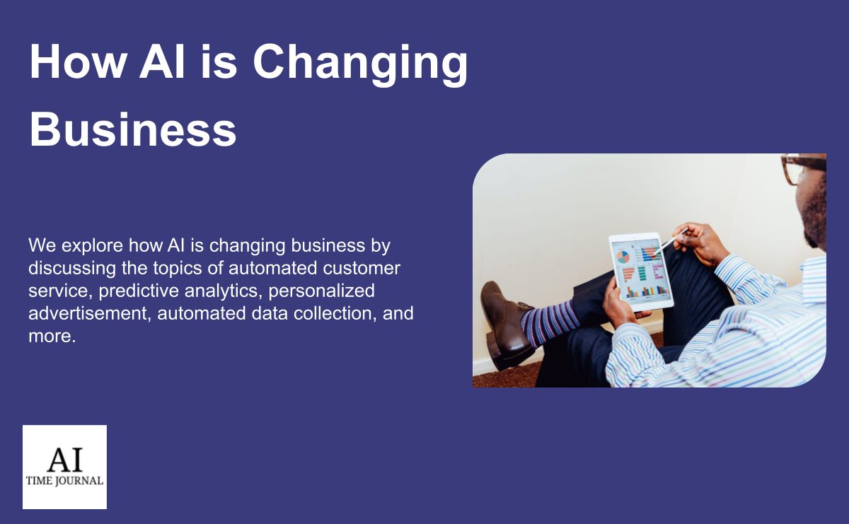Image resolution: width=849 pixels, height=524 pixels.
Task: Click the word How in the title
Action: [x=78, y=62]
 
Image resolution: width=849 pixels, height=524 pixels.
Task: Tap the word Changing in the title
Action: [x=360, y=65]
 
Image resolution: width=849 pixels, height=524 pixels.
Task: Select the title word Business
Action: [x=133, y=129]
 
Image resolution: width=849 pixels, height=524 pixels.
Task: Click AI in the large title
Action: [x=162, y=62]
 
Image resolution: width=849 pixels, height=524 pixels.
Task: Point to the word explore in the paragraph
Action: [x=92, y=246]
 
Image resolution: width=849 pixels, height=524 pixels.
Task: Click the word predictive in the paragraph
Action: [x=139, y=291]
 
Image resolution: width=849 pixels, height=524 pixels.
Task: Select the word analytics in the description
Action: [x=224, y=291]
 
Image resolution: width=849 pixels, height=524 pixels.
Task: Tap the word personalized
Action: [x=321, y=291]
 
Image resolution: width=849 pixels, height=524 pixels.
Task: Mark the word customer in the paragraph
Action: [x=362, y=268]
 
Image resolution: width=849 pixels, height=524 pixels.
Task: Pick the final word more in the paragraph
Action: [x=52, y=337]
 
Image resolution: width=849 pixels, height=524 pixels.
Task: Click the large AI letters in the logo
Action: [x=65, y=459]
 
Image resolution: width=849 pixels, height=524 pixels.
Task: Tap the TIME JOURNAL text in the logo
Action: [x=64, y=481]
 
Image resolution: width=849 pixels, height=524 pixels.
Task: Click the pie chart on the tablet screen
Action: [x=623, y=257]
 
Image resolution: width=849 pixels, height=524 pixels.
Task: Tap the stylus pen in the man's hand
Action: [x=672, y=240]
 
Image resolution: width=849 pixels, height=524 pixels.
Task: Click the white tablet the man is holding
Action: [x=641, y=272]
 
